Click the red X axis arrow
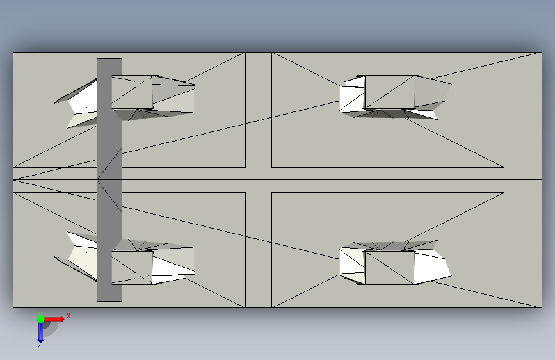pos(54,319)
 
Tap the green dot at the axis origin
pos(40,319)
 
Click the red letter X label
pos(68,316)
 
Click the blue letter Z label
pos(40,344)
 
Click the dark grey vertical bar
pos(109,180)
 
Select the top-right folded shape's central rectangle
pos(389,92)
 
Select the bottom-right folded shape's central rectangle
pos(389,268)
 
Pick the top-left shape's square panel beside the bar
pos(132,92)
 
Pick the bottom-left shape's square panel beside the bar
pos(132,268)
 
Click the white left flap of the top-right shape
pos(352,95)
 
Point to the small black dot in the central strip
pos(262,142)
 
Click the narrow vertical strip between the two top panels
pos(259,110)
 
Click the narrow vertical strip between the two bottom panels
pos(259,250)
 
